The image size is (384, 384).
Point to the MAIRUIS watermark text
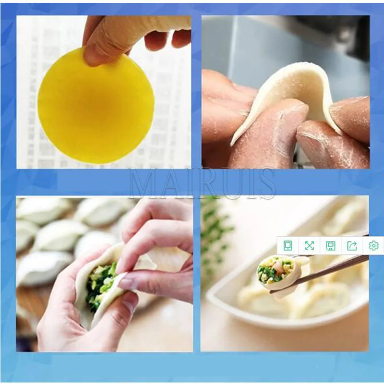pos(202,183)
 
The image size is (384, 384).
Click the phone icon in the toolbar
pos(288,245)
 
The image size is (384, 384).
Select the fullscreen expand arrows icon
pos(309,245)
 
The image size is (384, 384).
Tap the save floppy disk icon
pos(331,245)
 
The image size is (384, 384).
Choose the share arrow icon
pos(352,245)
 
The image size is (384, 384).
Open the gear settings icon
pos(373,245)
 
